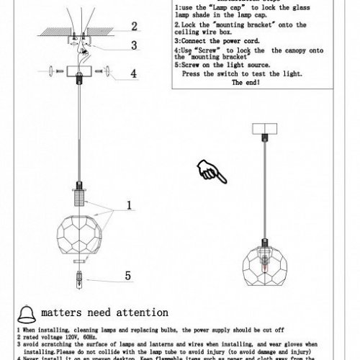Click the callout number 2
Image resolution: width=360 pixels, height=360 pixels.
coord(133,27)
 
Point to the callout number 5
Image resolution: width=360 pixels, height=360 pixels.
coord(128,274)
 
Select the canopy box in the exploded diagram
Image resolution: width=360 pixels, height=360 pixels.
coord(74,74)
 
